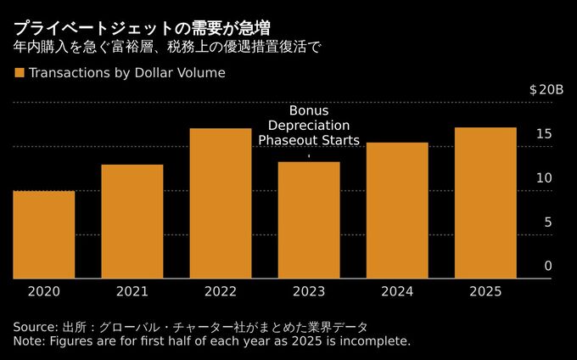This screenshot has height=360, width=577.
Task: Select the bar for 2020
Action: (44, 234)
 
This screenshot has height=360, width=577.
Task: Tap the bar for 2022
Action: (221, 203)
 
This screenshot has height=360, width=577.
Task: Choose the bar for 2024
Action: (397, 210)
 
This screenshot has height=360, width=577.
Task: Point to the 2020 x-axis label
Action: (44, 291)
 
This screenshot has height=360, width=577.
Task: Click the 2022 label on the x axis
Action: (221, 291)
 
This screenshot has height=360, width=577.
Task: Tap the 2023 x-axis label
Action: (309, 291)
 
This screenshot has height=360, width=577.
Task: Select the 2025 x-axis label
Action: (485, 291)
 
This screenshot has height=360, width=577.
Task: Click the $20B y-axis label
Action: (545, 90)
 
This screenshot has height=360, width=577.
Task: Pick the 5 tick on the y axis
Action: (548, 222)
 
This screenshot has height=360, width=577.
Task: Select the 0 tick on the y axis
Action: (548, 267)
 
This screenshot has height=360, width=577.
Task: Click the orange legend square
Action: (19, 73)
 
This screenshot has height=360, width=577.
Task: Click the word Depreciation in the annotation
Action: (309, 126)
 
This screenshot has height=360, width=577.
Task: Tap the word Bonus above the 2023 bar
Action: (309, 111)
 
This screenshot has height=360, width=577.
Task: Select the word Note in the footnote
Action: (29, 341)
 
